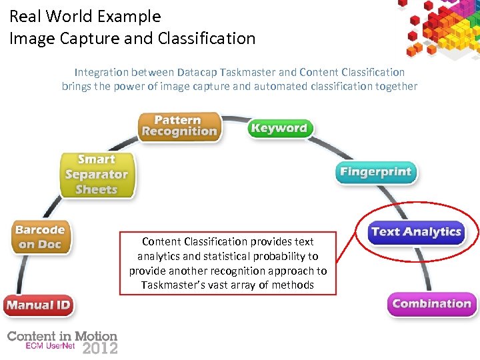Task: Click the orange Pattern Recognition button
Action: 179,126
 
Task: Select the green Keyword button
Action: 279,128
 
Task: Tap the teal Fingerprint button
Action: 375,172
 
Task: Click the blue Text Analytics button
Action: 416,232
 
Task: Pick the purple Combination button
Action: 431,304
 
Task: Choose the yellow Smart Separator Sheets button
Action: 97,175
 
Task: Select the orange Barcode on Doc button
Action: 40,237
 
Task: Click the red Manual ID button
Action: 38,306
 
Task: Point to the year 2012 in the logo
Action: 100,348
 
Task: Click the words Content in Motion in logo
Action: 62,337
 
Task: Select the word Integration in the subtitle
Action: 101,72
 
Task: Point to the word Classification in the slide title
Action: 207,39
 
